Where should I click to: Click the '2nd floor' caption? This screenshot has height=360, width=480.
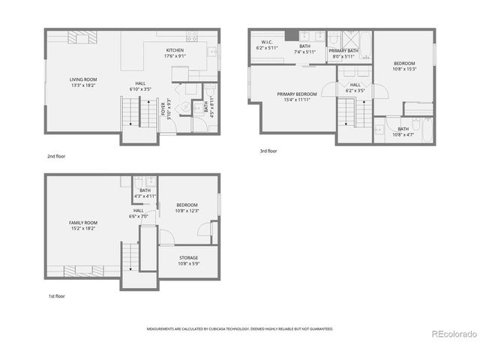click(55, 157)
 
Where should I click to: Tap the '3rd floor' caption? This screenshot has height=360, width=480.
click(268, 151)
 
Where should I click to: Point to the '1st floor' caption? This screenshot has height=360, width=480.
click(56, 295)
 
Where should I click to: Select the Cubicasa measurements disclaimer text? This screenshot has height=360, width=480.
click(239, 328)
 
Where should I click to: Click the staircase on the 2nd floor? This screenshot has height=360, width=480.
click(130, 112)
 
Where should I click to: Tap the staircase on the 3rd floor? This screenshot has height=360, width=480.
click(346, 112)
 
